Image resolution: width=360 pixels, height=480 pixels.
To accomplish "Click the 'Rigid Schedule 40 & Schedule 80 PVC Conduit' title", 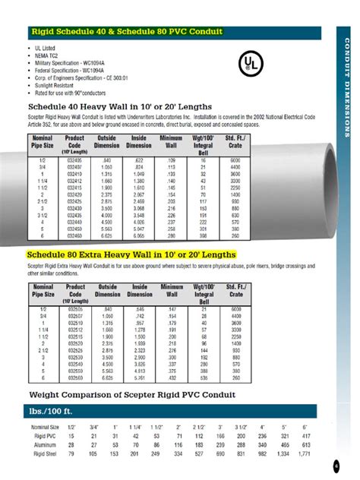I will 126,32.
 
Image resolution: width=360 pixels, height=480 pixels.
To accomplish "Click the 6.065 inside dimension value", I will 139,236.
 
